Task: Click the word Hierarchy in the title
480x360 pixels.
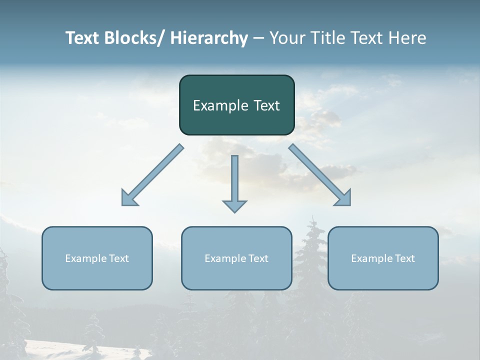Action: [x=208, y=38]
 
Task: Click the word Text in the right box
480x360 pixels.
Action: [x=404, y=258]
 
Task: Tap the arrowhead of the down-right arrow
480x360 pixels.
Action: [x=344, y=198]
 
